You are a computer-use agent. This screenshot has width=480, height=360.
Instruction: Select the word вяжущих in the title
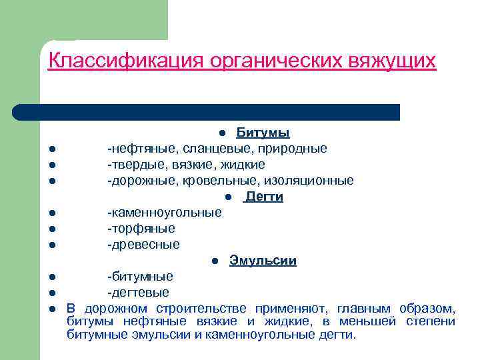[x=393, y=61]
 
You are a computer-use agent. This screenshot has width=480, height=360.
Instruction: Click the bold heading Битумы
[x=263, y=133]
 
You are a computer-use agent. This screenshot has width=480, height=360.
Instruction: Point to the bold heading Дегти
[x=264, y=197]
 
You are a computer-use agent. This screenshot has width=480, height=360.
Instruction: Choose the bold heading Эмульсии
[x=263, y=261]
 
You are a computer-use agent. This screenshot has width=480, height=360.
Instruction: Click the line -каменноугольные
[x=165, y=213]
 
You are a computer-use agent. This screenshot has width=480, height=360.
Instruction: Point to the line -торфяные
[x=141, y=229]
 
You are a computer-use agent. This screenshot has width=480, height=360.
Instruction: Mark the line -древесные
[x=144, y=245]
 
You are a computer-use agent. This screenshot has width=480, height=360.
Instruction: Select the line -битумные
[x=141, y=277]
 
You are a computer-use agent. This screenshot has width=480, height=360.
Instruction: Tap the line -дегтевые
[x=139, y=293]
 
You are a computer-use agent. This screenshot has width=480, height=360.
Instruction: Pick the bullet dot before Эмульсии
[x=215, y=261]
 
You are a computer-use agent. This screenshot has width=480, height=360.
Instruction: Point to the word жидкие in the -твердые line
[x=244, y=165]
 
